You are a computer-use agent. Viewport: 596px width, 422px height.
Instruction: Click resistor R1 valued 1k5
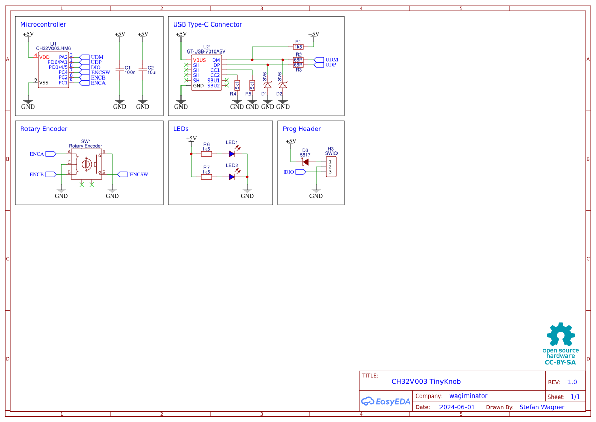point(298,47)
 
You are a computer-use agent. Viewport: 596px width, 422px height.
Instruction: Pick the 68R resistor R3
point(298,65)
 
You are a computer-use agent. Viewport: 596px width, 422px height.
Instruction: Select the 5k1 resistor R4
point(237,85)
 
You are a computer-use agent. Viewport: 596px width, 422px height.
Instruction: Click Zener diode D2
point(283,85)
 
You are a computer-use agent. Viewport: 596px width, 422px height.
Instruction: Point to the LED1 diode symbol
point(232,153)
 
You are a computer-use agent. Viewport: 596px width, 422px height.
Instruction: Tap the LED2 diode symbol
point(232,177)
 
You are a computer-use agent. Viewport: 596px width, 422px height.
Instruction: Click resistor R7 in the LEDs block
point(206,177)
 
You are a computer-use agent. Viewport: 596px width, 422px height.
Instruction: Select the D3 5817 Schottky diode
point(305,162)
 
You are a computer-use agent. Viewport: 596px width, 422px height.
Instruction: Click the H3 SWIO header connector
point(331,167)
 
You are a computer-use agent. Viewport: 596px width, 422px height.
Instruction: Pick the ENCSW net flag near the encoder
point(122,174)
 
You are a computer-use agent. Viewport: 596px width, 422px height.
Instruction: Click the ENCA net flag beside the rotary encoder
point(51,153)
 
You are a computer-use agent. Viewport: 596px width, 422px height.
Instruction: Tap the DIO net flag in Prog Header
point(300,172)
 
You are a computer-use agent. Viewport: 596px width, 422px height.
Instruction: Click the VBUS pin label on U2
point(199,60)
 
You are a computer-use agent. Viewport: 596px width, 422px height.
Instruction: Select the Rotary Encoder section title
point(44,129)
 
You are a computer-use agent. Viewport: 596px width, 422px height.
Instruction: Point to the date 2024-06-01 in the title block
point(457,407)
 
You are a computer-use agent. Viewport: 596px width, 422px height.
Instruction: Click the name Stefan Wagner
point(541,407)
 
